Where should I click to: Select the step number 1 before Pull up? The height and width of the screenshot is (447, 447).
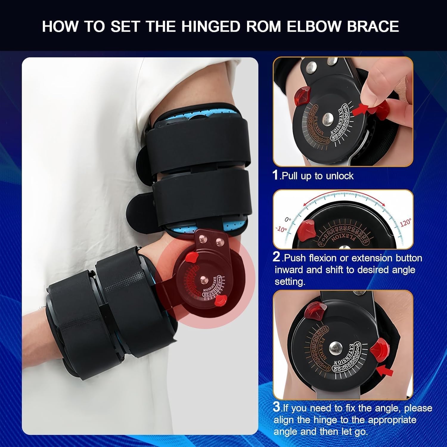[276, 175]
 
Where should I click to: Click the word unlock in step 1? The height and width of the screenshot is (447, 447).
[340, 176]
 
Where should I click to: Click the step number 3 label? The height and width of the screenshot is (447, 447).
[277, 407]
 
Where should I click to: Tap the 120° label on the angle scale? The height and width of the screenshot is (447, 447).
[406, 223]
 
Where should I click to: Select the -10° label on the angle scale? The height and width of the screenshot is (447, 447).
[281, 229]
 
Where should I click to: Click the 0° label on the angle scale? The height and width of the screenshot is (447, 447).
[288, 220]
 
